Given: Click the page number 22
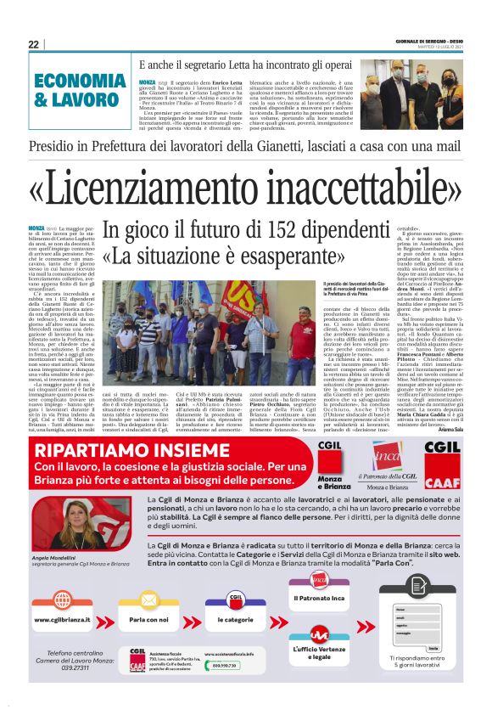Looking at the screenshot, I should pyautogui.click(x=33, y=44).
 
